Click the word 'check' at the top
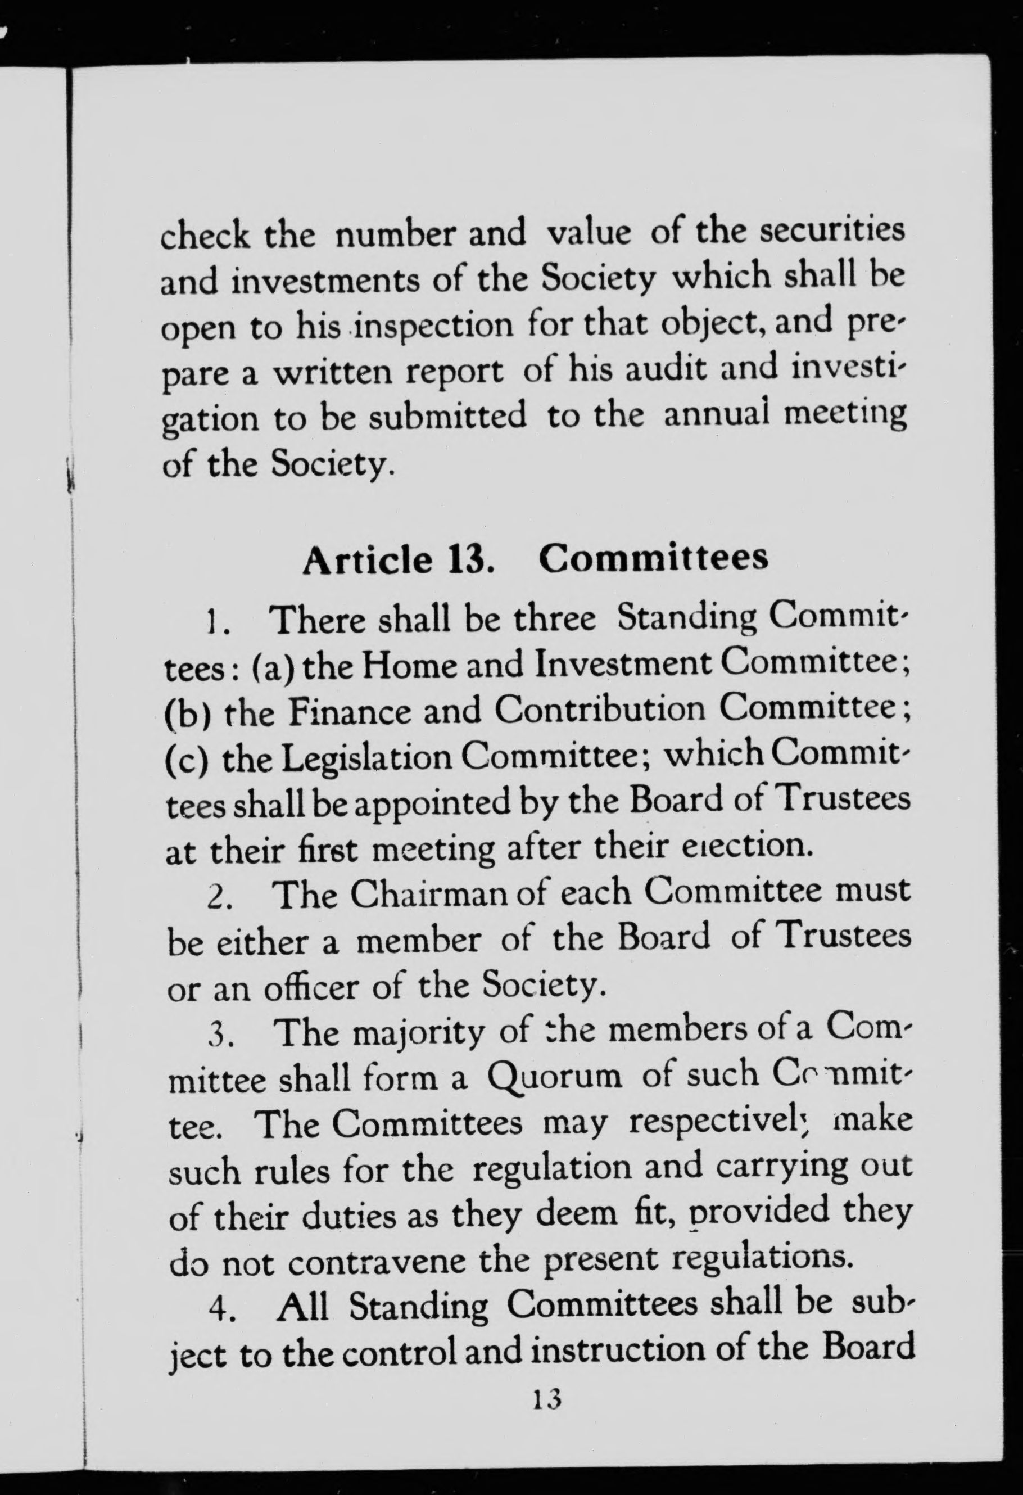point(205,236)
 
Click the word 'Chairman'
point(424,894)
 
